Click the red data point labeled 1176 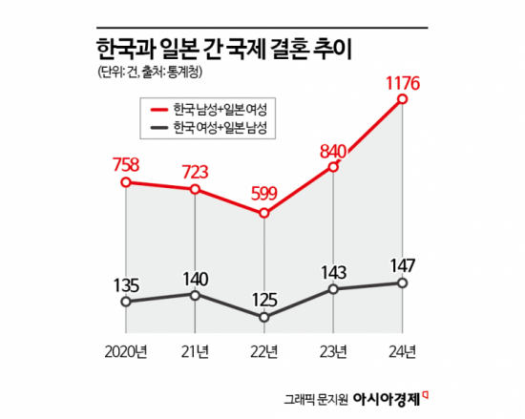404,98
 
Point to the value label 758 127,161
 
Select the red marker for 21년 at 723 195,189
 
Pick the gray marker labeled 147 403,283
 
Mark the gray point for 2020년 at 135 126,302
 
